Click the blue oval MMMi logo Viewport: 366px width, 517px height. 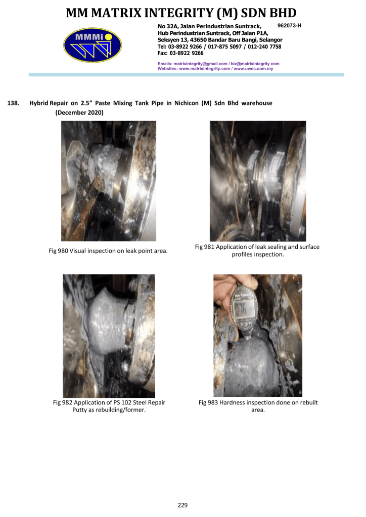point(93,45)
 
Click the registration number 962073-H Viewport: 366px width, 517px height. point(290,25)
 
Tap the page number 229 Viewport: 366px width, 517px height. point(182,505)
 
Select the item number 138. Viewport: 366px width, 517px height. point(13,103)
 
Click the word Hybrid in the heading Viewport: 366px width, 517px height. point(39,103)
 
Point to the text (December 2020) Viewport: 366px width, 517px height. point(79,113)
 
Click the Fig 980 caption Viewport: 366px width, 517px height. point(108,251)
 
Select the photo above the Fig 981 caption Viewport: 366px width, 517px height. point(258,181)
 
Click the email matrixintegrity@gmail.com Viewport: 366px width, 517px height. point(200,64)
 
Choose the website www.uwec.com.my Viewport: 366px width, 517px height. point(253,69)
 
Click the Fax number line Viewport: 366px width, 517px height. point(180,53)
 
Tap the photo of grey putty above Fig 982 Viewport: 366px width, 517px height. point(109,336)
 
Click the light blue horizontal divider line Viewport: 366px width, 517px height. point(186,75)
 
